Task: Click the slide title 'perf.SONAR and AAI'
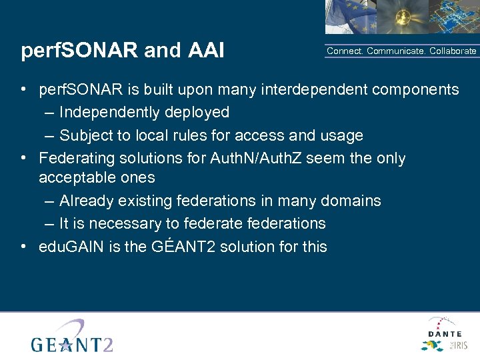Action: (123, 51)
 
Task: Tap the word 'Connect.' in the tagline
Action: (345, 51)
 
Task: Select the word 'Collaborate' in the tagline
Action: (453, 51)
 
